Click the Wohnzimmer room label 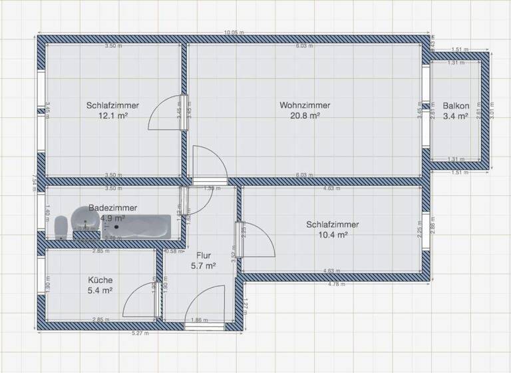(305, 105)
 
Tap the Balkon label (456, 105)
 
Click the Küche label (100, 280)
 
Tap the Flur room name (205, 254)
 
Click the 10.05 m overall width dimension (234, 33)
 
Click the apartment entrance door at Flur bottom (206, 310)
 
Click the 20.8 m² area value (305, 115)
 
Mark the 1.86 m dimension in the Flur (198, 320)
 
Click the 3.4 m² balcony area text (456, 115)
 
